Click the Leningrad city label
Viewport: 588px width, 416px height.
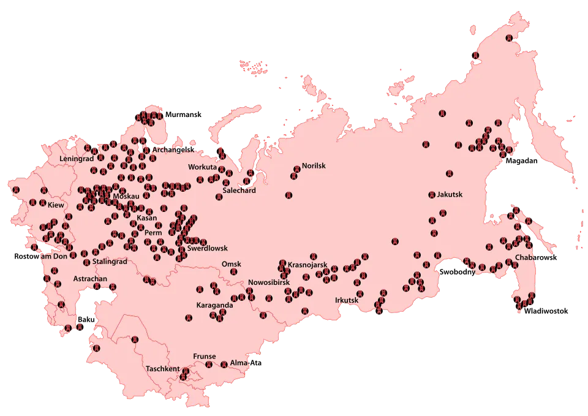pos(77,158)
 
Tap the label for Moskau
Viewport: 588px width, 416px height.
pos(127,196)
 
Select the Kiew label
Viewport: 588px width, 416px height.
pos(56,205)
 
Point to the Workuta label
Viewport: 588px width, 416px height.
pos(202,167)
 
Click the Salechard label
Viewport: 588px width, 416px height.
pos(239,191)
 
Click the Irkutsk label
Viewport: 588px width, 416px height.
pos(347,300)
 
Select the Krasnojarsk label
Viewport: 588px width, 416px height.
pos(307,265)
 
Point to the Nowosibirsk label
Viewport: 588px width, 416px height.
pos(268,282)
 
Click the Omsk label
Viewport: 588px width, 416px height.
pos(232,264)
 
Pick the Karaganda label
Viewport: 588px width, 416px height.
pos(214,304)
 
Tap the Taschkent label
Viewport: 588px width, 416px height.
pos(163,369)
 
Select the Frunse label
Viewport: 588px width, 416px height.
pos(205,356)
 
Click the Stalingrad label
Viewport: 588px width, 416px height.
pos(110,262)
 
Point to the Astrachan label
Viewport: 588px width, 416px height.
pos(90,279)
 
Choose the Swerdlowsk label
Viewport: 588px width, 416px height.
pos(207,248)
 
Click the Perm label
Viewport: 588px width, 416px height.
pos(153,233)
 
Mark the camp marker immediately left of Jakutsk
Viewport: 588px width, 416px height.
pos(432,195)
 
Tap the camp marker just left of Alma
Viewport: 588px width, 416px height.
pos(224,364)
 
